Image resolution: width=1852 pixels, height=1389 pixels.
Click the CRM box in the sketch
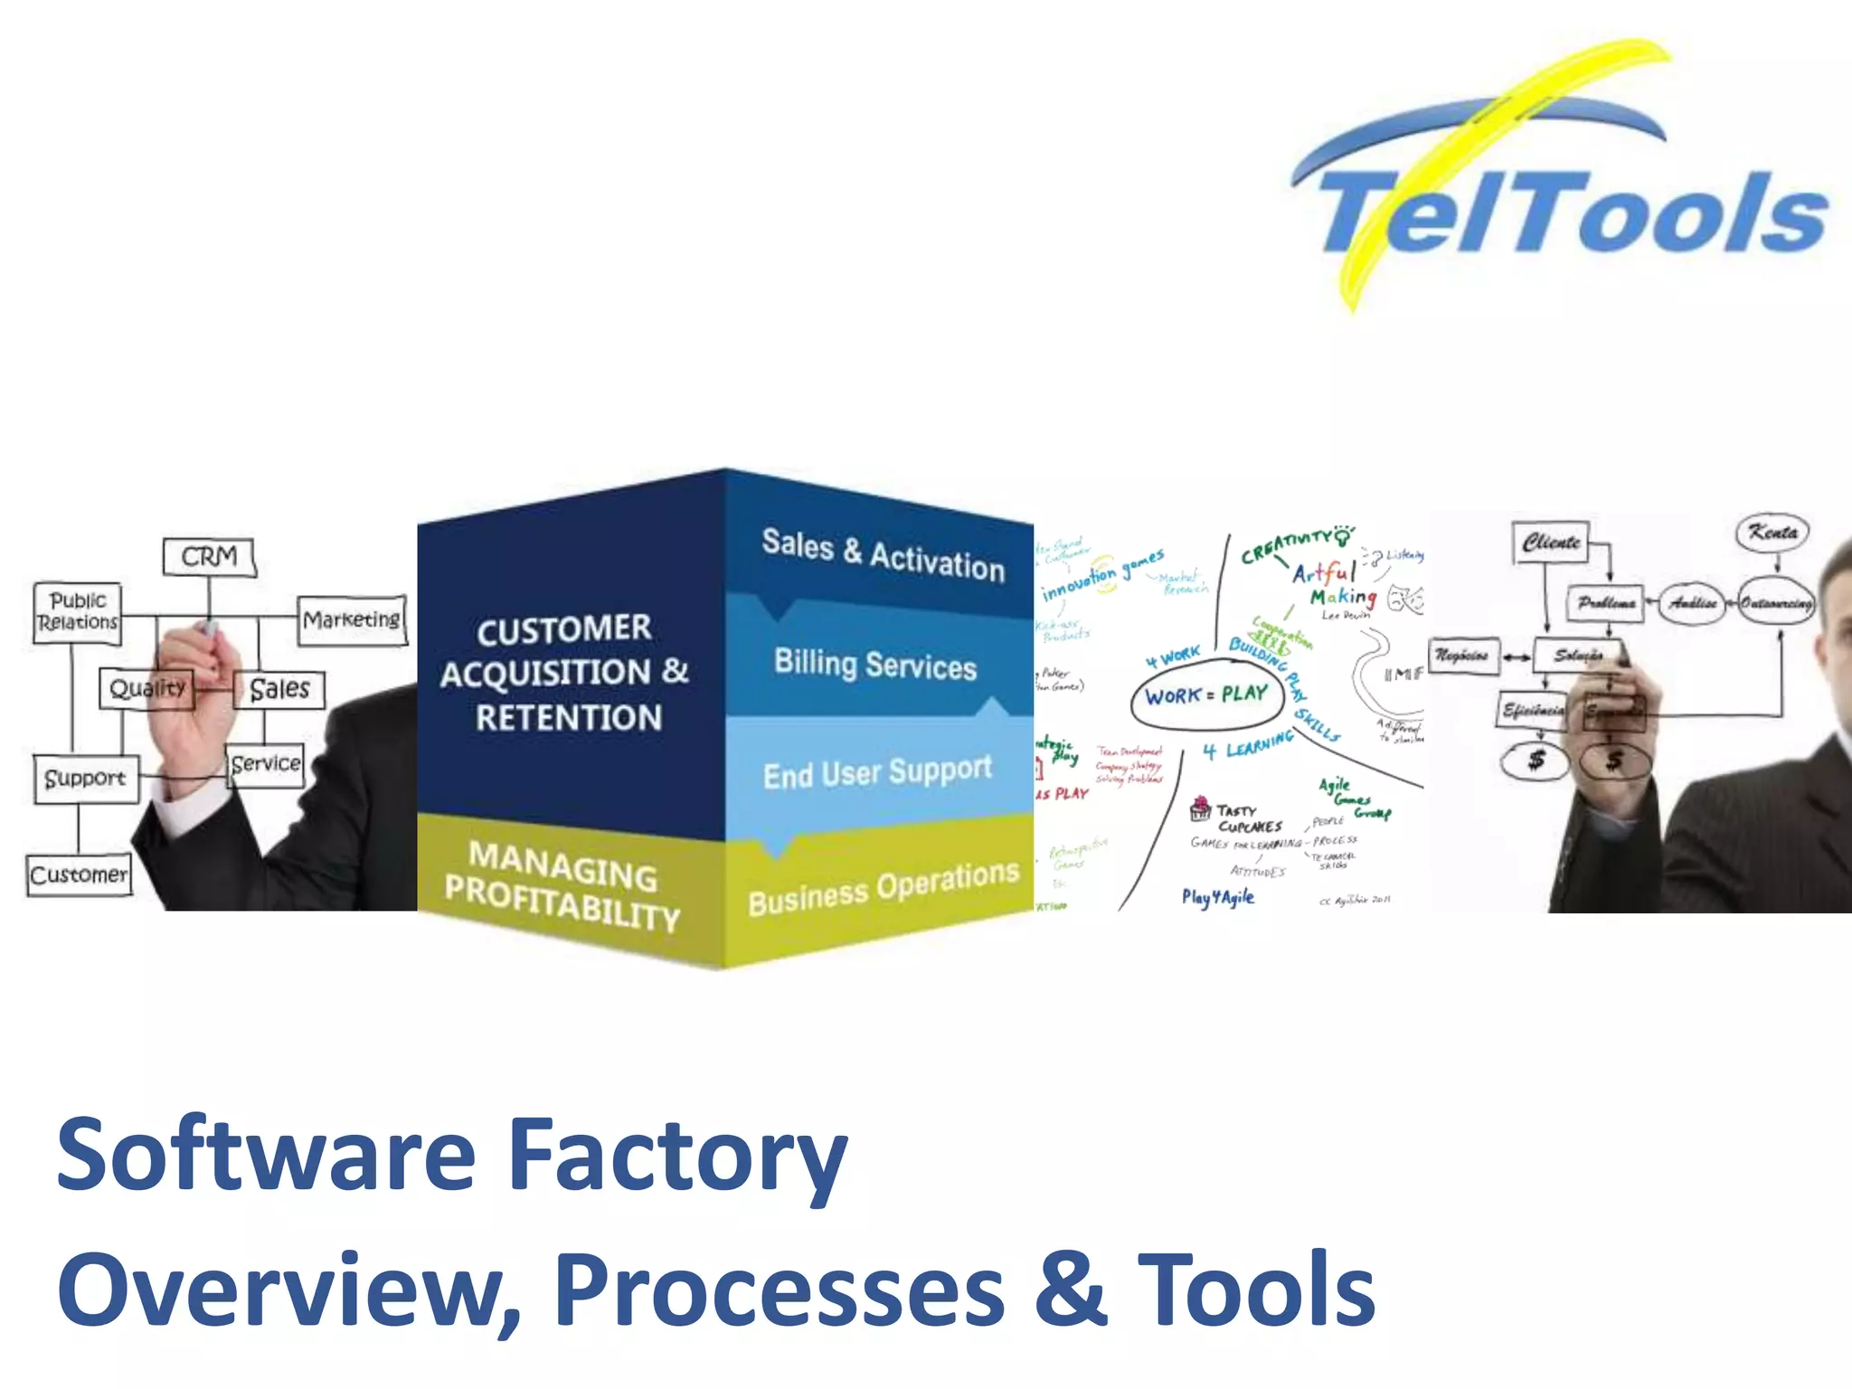pyautogui.click(x=209, y=556)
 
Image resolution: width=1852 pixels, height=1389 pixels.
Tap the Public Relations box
pyautogui.click(x=78, y=612)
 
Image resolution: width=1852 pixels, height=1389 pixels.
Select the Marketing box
pyautogui.click(x=352, y=619)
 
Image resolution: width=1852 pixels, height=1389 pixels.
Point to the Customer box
pyautogui.click(x=79, y=874)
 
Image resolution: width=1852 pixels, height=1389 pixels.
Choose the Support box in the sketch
pyautogui.click(x=85, y=778)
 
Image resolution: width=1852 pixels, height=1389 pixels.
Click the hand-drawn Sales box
pyautogui.click(x=279, y=689)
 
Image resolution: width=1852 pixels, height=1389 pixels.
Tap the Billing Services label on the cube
pyautogui.click(x=875, y=665)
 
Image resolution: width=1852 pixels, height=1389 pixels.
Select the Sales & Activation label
pyautogui.click(x=883, y=554)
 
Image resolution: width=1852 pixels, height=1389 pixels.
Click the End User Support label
pyautogui.click(x=877, y=772)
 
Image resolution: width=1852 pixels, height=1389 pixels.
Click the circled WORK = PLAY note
pyautogui.click(x=1206, y=695)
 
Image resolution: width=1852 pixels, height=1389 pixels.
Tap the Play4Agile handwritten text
pyautogui.click(x=1217, y=897)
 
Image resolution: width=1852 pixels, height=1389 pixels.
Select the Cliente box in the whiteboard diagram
pyautogui.click(x=1551, y=543)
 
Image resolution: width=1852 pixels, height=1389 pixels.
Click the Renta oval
pyautogui.click(x=1772, y=532)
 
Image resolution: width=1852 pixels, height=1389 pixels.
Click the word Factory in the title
pyautogui.click(x=676, y=1156)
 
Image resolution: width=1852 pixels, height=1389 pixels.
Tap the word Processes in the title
pyautogui.click(x=779, y=1290)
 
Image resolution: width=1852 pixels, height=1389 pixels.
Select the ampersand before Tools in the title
pyautogui.click(x=1070, y=1290)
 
